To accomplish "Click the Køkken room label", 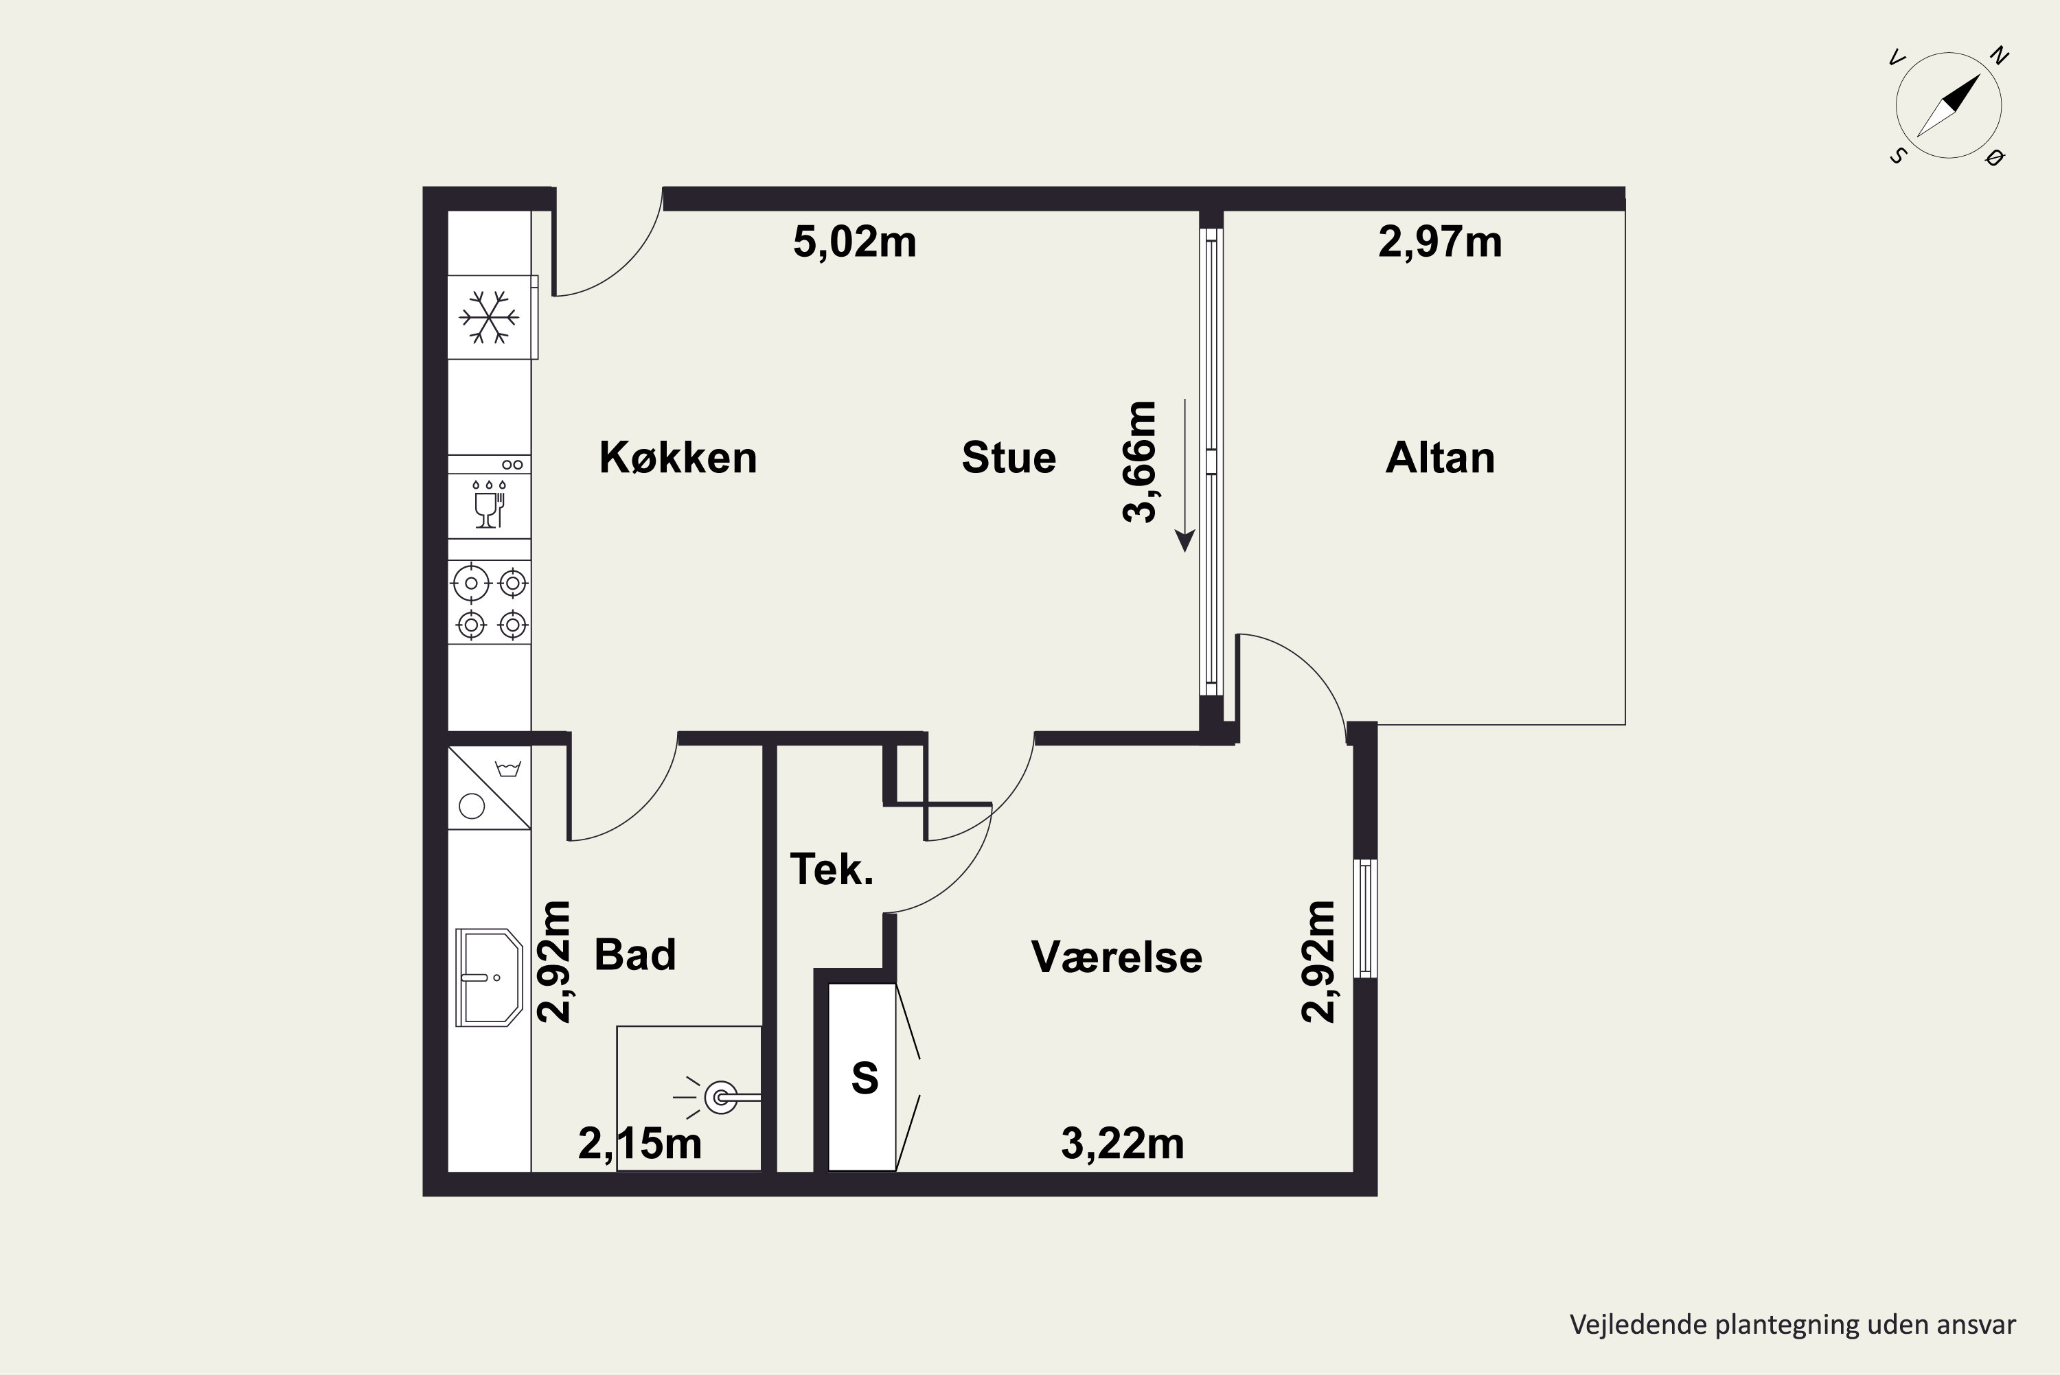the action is (678, 458).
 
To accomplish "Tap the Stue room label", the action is (1009, 458).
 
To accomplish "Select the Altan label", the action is (1440, 458).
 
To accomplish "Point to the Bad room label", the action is (635, 954).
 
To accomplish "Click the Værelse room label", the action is (1117, 957).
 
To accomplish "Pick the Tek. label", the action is (832, 869).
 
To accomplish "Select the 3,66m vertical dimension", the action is (1140, 462).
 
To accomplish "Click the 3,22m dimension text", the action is (1123, 1144).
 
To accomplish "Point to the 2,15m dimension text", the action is (640, 1144).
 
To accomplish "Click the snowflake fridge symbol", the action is (490, 317).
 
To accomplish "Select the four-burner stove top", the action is (490, 603).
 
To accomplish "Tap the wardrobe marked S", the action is (863, 1077).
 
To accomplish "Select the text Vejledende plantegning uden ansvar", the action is (1792, 1325).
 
